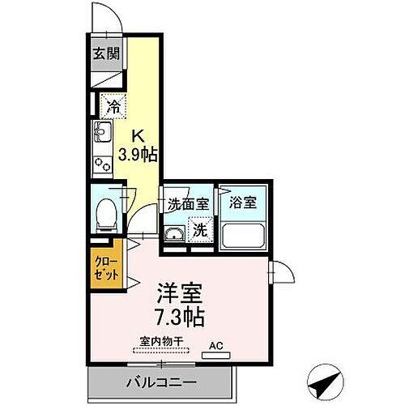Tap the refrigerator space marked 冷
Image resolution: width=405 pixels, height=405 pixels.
[113, 106]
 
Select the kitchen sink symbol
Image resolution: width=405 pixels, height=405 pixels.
[103, 131]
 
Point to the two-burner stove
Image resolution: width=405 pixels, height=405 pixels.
[103, 163]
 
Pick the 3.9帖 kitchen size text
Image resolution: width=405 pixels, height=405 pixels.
[139, 153]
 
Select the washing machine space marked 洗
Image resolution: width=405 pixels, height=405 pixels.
[199, 231]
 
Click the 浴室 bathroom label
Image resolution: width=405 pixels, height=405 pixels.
[243, 203]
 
